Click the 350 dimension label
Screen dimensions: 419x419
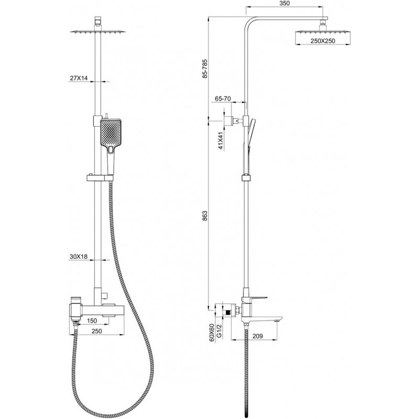pyautogui.click(x=285, y=4)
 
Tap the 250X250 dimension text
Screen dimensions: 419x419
pyautogui.click(x=323, y=41)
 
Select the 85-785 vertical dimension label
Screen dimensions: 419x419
pyautogui.click(x=205, y=69)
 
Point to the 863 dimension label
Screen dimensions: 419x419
pyautogui.click(x=205, y=216)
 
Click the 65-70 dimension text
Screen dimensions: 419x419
pyautogui.click(x=223, y=98)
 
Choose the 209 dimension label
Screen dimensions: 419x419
pyautogui.click(x=257, y=336)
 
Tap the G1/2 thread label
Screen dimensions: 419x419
pyautogui.click(x=218, y=332)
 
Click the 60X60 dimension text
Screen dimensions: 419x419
pyautogui.click(x=212, y=333)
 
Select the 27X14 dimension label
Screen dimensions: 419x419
pyautogui.click(x=79, y=78)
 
